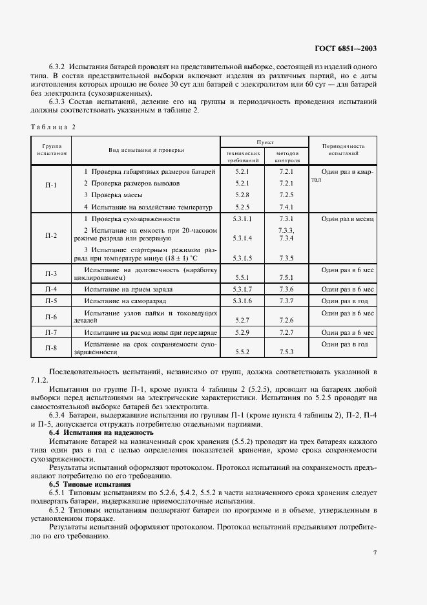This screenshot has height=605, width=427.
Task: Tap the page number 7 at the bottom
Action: (375, 552)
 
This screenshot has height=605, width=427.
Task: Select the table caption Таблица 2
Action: (54, 127)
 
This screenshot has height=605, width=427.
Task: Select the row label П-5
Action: (51, 301)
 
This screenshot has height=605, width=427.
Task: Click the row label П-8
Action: (51, 348)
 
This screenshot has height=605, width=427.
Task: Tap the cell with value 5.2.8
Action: (242, 195)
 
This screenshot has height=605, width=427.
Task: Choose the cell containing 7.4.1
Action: (286, 207)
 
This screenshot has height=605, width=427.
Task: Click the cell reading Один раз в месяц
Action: (348, 219)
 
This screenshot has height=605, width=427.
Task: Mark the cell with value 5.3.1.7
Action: (242, 290)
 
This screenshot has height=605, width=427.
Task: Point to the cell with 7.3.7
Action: (286, 301)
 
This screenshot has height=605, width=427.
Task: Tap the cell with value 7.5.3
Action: (286, 352)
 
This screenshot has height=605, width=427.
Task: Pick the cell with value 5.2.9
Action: (242, 332)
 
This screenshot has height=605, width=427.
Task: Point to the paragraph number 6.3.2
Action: (59, 67)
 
